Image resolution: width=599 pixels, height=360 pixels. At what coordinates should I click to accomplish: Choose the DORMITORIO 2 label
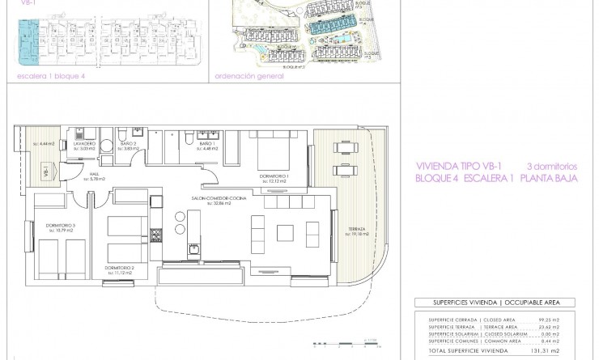click(x=118, y=266)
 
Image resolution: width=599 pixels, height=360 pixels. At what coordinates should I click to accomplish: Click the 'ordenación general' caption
click(x=249, y=78)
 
